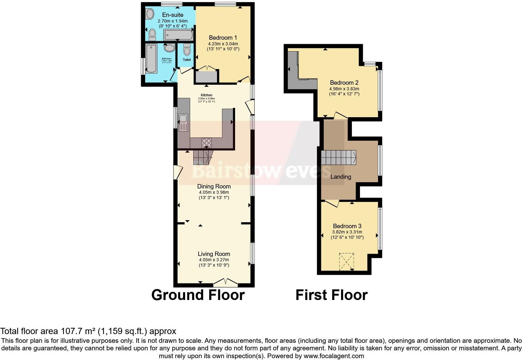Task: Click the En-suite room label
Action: click(173, 15)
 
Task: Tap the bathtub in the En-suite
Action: click(178, 35)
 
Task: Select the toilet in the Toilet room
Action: click(187, 50)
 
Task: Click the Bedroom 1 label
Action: click(223, 38)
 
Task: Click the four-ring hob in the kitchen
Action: click(206, 142)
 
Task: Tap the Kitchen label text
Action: click(206, 95)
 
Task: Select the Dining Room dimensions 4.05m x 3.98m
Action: click(214, 192)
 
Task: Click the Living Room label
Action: click(214, 254)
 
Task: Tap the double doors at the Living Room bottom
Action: click(225, 282)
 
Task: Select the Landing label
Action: click(341, 177)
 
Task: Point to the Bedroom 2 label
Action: click(344, 83)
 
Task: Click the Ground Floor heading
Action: click(198, 295)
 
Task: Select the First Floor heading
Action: click(331, 295)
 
